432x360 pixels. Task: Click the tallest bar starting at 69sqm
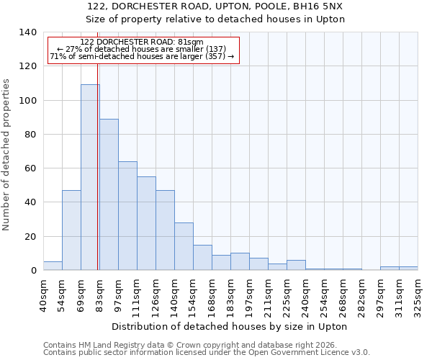[90, 177]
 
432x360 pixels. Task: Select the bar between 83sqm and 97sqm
[109, 194]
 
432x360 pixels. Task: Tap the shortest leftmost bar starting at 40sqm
[53, 266]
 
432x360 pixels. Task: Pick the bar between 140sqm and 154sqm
[184, 246]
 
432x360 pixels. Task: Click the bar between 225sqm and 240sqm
[296, 265]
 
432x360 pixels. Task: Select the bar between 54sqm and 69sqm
[71, 230]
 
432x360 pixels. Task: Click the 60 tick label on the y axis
[30, 168]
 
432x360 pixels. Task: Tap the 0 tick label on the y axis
[33, 271]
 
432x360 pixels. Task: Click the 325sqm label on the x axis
[418, 294]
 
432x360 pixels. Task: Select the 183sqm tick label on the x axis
[230, 294]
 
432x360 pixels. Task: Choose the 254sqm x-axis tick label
[324, 294]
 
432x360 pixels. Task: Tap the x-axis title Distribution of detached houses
[230, 326]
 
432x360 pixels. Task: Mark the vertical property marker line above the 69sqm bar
[98, 72]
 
